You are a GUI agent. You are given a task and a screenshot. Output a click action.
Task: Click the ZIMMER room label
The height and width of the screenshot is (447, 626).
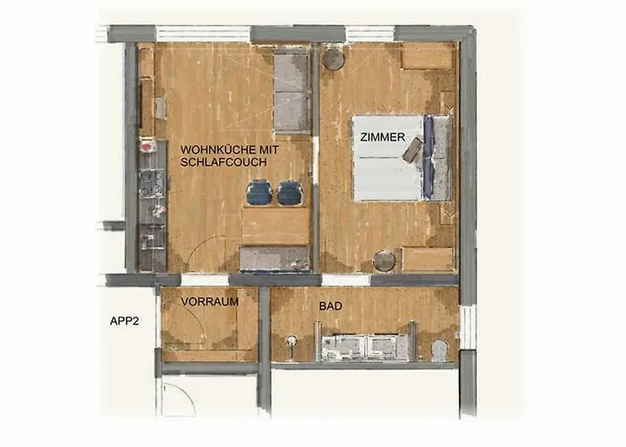click(x=383, y=138)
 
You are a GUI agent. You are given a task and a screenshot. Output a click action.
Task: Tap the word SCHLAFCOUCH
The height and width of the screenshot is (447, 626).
click(x=224, y=162)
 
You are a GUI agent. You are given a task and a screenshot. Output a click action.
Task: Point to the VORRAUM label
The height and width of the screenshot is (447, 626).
click(x=209, y=302)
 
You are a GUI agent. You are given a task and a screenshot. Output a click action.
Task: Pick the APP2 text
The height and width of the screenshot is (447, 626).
click(x=124, y=321)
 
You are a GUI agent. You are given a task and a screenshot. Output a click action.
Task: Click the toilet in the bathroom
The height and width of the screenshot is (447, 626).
click(x=440, y=350)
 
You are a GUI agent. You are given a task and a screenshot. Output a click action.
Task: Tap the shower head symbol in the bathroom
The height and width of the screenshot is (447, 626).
click(x=292, y=342)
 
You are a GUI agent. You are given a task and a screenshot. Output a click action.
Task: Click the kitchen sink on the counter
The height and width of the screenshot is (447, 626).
click(x=152, y=237)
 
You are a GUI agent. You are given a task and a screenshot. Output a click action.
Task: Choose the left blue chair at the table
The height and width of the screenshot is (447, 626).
click(x=258, y=192)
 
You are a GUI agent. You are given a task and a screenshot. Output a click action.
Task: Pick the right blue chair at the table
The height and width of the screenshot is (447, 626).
click(x=291, y=192)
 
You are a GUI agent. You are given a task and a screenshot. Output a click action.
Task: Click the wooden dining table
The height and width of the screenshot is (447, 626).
click(x=275, y=226)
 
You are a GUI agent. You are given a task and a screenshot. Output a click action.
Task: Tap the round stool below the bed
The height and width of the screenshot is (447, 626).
click(x=385, y=261)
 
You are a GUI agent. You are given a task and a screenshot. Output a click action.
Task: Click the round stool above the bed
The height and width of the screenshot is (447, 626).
click(x=334, y=59)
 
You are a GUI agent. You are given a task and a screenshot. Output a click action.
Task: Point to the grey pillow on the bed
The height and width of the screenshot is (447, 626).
click(x=413, y=150)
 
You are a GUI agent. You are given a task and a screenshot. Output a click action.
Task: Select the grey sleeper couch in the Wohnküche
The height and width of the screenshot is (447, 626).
click(x=292, y=91)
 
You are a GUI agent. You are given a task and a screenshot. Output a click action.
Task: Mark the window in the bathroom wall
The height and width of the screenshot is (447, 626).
click(x=467, y=328)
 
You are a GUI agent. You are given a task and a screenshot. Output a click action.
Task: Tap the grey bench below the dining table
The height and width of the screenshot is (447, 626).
click(x=275, y=258)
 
